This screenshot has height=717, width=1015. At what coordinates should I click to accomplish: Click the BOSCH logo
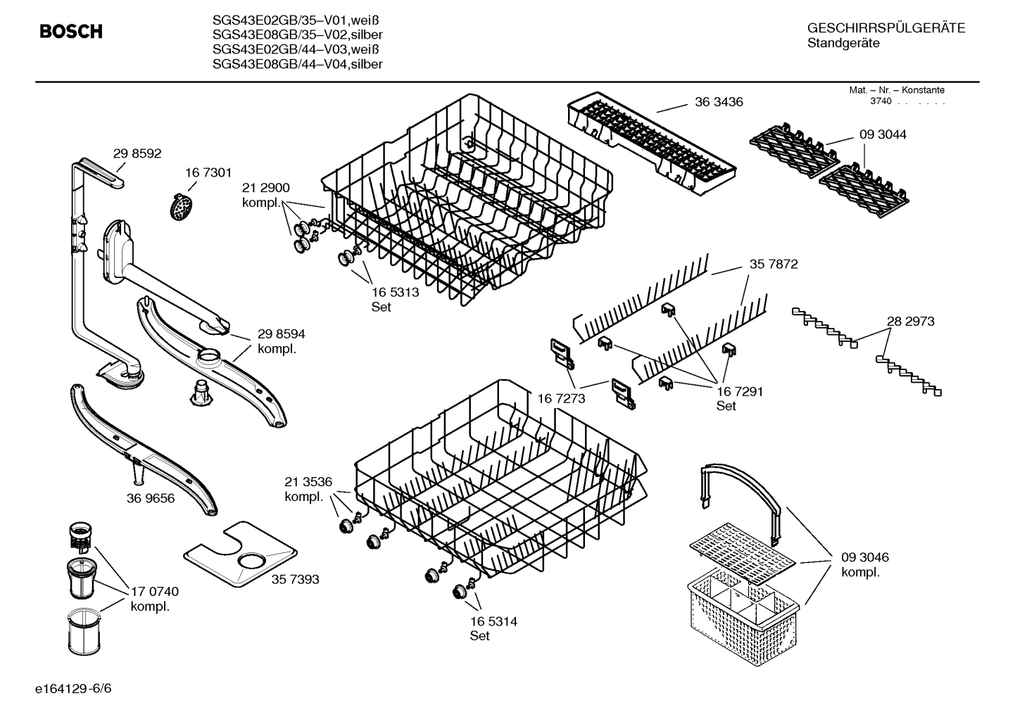coord(70,32)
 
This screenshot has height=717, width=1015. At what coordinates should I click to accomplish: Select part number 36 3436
coord(719,102)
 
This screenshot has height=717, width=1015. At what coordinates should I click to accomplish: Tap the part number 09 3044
coord(882,134)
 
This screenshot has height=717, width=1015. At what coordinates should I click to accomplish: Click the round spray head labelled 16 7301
coord(182,207)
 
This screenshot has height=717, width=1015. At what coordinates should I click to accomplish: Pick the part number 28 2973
coord(910,321)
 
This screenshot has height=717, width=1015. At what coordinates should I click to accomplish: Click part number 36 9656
coord(151,498)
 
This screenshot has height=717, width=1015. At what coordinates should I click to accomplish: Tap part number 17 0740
coord(155,592)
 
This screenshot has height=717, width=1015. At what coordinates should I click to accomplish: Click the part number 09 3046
coord(865,557)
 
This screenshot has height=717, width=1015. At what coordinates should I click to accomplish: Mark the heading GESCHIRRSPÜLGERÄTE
coord(885,28)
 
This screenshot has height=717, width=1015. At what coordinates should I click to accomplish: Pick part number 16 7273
coord(561,399)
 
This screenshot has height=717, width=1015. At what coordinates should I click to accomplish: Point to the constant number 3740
coord(881,101)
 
